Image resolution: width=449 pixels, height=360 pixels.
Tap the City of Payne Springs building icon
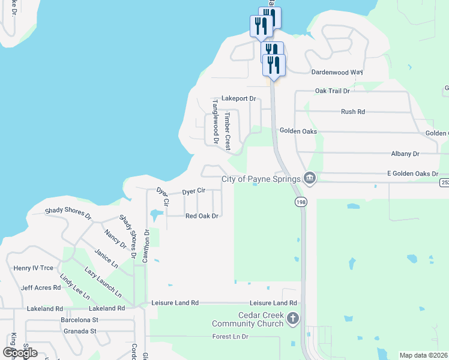[x=309, y=178]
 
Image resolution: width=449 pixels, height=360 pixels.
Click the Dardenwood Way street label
[x=337, y=72]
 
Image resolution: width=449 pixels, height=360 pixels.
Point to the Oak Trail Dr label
[x=332, y=91]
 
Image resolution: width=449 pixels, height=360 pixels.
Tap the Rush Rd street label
[x=353, y=112]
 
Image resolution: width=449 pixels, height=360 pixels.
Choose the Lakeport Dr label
[x=238, y=98]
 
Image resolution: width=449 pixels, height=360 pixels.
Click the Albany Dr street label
[x=403, y=154]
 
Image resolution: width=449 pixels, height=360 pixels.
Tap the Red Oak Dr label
[x=201, y=215]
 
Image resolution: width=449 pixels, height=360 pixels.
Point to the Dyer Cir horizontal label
[x=194, y=191]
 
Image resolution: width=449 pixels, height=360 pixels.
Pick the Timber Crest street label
[x=228, y=130]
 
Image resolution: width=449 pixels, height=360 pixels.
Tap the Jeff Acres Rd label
[x=41, y=287]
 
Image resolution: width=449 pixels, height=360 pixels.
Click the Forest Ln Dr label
[x=230, y=337]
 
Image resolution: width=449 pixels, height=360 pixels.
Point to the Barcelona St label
[x=79, y=320]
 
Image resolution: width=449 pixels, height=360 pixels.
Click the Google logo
[x=20, y=353]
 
